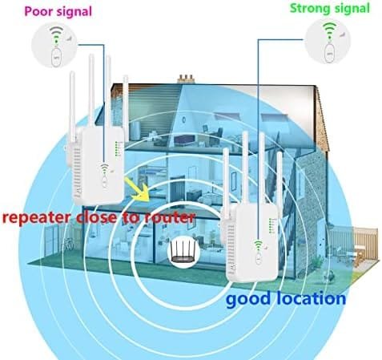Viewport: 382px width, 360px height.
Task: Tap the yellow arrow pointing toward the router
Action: click(138, 188)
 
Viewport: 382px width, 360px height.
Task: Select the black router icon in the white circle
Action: click(182, 251)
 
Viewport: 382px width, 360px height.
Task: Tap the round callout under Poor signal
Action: click(54, 45)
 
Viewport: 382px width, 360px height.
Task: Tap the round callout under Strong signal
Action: click(328, 42)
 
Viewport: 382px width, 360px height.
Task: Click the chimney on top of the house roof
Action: click(187, 79)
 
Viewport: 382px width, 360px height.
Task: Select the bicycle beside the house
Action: click(68, 244)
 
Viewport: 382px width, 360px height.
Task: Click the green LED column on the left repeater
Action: click(117, 148)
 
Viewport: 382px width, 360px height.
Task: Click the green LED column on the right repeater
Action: click(271, 226)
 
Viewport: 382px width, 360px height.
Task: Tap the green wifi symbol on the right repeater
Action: click(258, 245)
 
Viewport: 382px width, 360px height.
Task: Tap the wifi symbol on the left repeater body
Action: click(104, 168)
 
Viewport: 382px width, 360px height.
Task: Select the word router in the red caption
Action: click(169, 217)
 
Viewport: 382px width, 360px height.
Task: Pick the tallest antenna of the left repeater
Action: click(91, 91)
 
